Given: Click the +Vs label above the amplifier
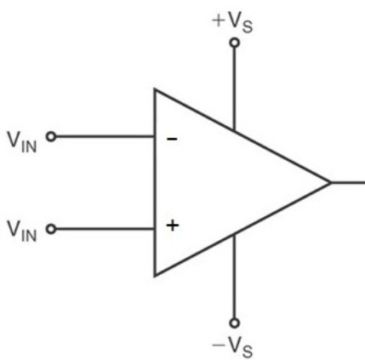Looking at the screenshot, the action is click(232, 23).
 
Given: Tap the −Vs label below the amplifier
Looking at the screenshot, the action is click(232, 347).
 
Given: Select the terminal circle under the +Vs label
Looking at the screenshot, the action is click(234, 43).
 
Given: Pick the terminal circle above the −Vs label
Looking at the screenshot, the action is click(234, 323).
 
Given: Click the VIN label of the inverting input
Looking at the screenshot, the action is click(22, 142).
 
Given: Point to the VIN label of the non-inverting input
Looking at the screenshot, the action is click(22, 231).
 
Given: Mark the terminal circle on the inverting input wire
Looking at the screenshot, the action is click(51, 137).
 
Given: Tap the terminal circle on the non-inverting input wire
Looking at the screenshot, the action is click(51, 229).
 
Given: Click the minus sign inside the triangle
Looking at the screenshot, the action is click(172, 139).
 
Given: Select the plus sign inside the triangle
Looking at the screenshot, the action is click(173, 226).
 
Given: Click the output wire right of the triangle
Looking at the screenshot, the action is click(348, 182).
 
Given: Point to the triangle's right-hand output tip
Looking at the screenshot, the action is click(331, 183).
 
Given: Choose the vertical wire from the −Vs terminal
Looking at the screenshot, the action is click(234, 277).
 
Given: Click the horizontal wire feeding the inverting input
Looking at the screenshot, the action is click(105, 137).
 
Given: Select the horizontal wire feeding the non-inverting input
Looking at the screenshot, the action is click(105, 229).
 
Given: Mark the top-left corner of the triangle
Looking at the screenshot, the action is click(155, 89).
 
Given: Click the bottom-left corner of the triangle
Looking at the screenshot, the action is click(155, 275).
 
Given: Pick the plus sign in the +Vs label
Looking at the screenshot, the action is click(219, 21).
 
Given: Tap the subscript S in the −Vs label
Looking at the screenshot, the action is click(248, 351).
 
